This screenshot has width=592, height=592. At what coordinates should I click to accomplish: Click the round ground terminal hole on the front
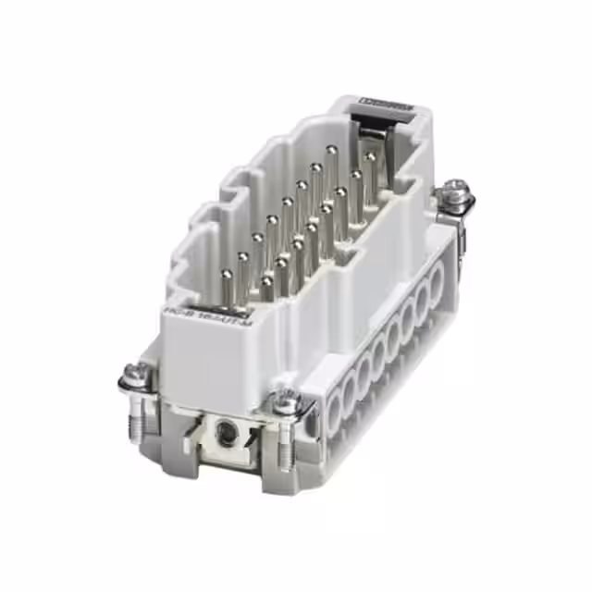point(223,429)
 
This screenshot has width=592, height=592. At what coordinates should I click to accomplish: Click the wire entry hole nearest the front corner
point(334,408)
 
